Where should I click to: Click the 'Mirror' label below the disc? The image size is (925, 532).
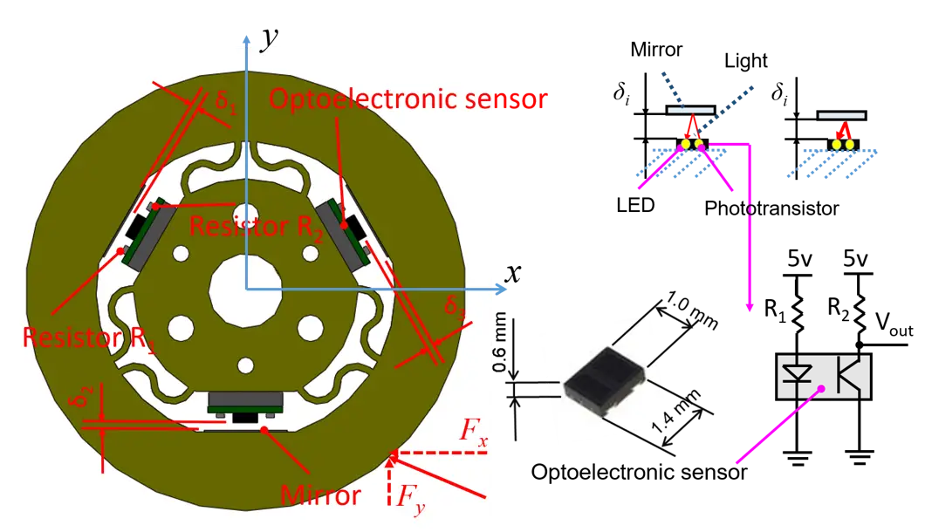click(320, 495)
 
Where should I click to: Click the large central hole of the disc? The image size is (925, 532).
click(245, 290)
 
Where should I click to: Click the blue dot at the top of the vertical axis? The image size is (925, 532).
click(245, 41)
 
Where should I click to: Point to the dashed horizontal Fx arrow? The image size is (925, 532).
click(441, 454)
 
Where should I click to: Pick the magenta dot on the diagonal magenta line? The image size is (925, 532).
click(820, 389)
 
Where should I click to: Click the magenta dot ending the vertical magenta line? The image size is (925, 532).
click(750, 308)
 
